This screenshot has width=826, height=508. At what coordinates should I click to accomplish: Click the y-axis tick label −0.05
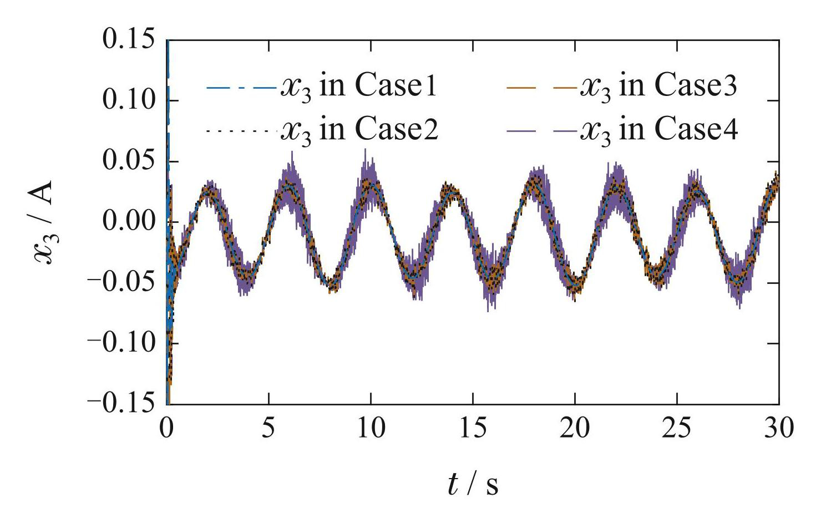[x=120, y=283]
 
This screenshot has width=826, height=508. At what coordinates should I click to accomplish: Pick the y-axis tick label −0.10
[x=120, y=343]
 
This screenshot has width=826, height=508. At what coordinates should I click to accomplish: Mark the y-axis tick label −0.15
[x=120, y=404]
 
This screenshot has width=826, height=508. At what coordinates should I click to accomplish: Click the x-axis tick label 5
[x=269, y=429]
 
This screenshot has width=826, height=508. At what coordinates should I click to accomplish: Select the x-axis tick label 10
[x=371, y=429]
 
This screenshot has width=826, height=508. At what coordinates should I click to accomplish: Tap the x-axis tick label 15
[x=473, y=429]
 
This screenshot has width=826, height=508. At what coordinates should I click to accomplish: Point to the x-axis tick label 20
[x=575, y=429]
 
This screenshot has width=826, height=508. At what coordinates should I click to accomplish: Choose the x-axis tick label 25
[x=677, y=429]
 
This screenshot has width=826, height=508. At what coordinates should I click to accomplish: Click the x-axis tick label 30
[x=779, y=429]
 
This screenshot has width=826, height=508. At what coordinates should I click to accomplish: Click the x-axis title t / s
[x=473, y=484]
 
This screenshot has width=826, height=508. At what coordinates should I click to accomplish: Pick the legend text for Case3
[x=658, y=87]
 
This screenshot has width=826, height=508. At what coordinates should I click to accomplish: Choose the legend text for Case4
[x=658, y=130]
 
